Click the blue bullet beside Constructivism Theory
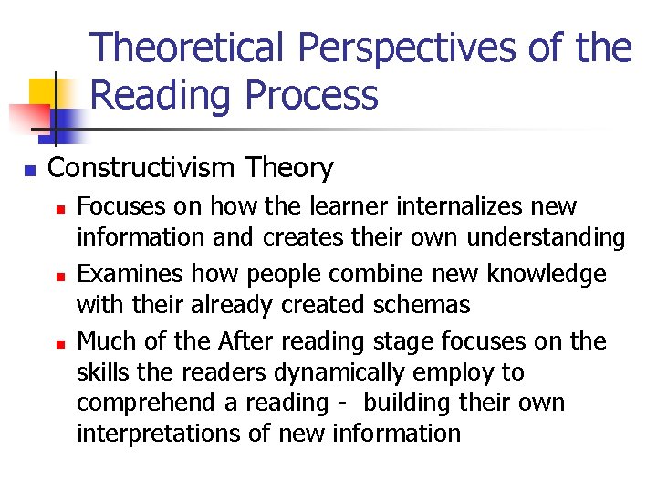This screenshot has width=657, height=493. coord(29,170)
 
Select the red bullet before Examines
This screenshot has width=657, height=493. coord(61,276)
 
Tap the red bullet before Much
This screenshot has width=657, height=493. coord(61,343)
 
